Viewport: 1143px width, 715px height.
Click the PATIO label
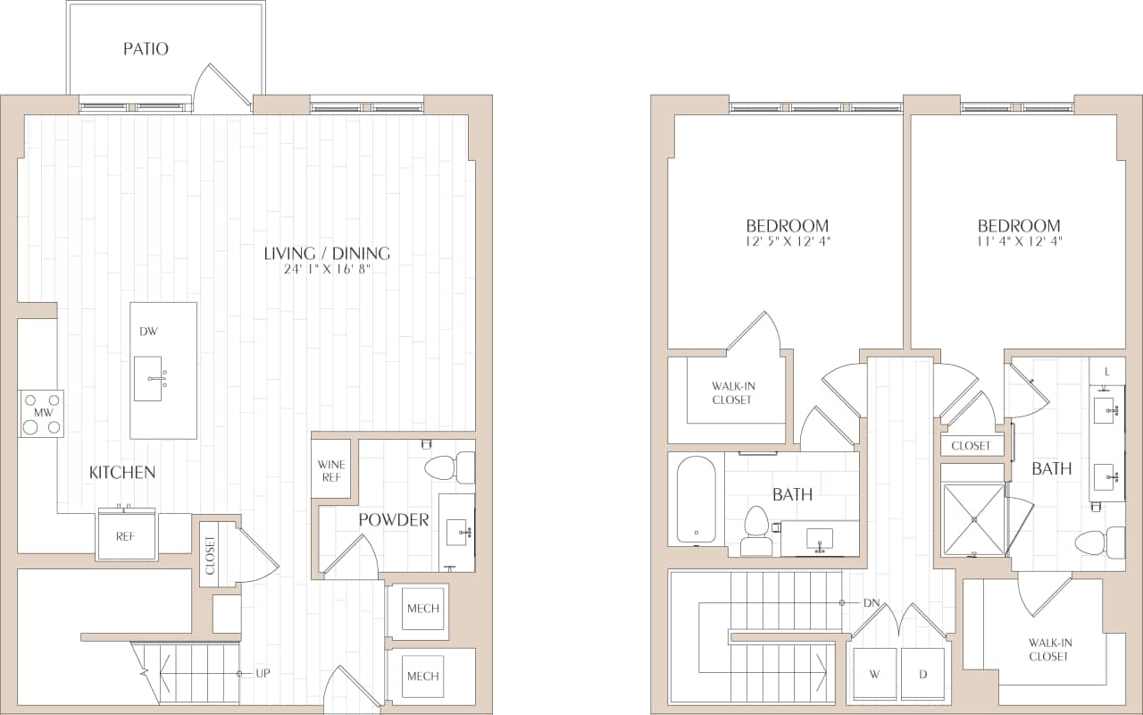coord(146,49)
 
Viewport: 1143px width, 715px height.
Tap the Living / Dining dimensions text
coord(326,268)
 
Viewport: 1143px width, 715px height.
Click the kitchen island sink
coord(148,378)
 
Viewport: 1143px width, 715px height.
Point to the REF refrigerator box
coord(126,536)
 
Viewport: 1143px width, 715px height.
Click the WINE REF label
coord(331,471)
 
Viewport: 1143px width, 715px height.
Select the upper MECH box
coord(422,610)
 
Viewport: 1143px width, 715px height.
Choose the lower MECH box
coord(422,677)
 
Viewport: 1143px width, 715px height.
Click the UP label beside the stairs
coord(263,672)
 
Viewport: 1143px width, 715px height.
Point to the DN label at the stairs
coord(872,603)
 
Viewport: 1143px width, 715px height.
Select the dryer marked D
coord(923,675)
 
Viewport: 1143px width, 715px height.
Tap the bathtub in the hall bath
coord(696,500)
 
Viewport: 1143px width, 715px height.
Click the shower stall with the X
coord(973,518)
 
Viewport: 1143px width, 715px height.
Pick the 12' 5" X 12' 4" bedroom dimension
coord(787,241)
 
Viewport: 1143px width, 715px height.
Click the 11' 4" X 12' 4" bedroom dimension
coord(1019,241)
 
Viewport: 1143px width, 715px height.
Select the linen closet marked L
coord(1107,371)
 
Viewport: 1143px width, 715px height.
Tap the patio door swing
coord(223,89)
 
